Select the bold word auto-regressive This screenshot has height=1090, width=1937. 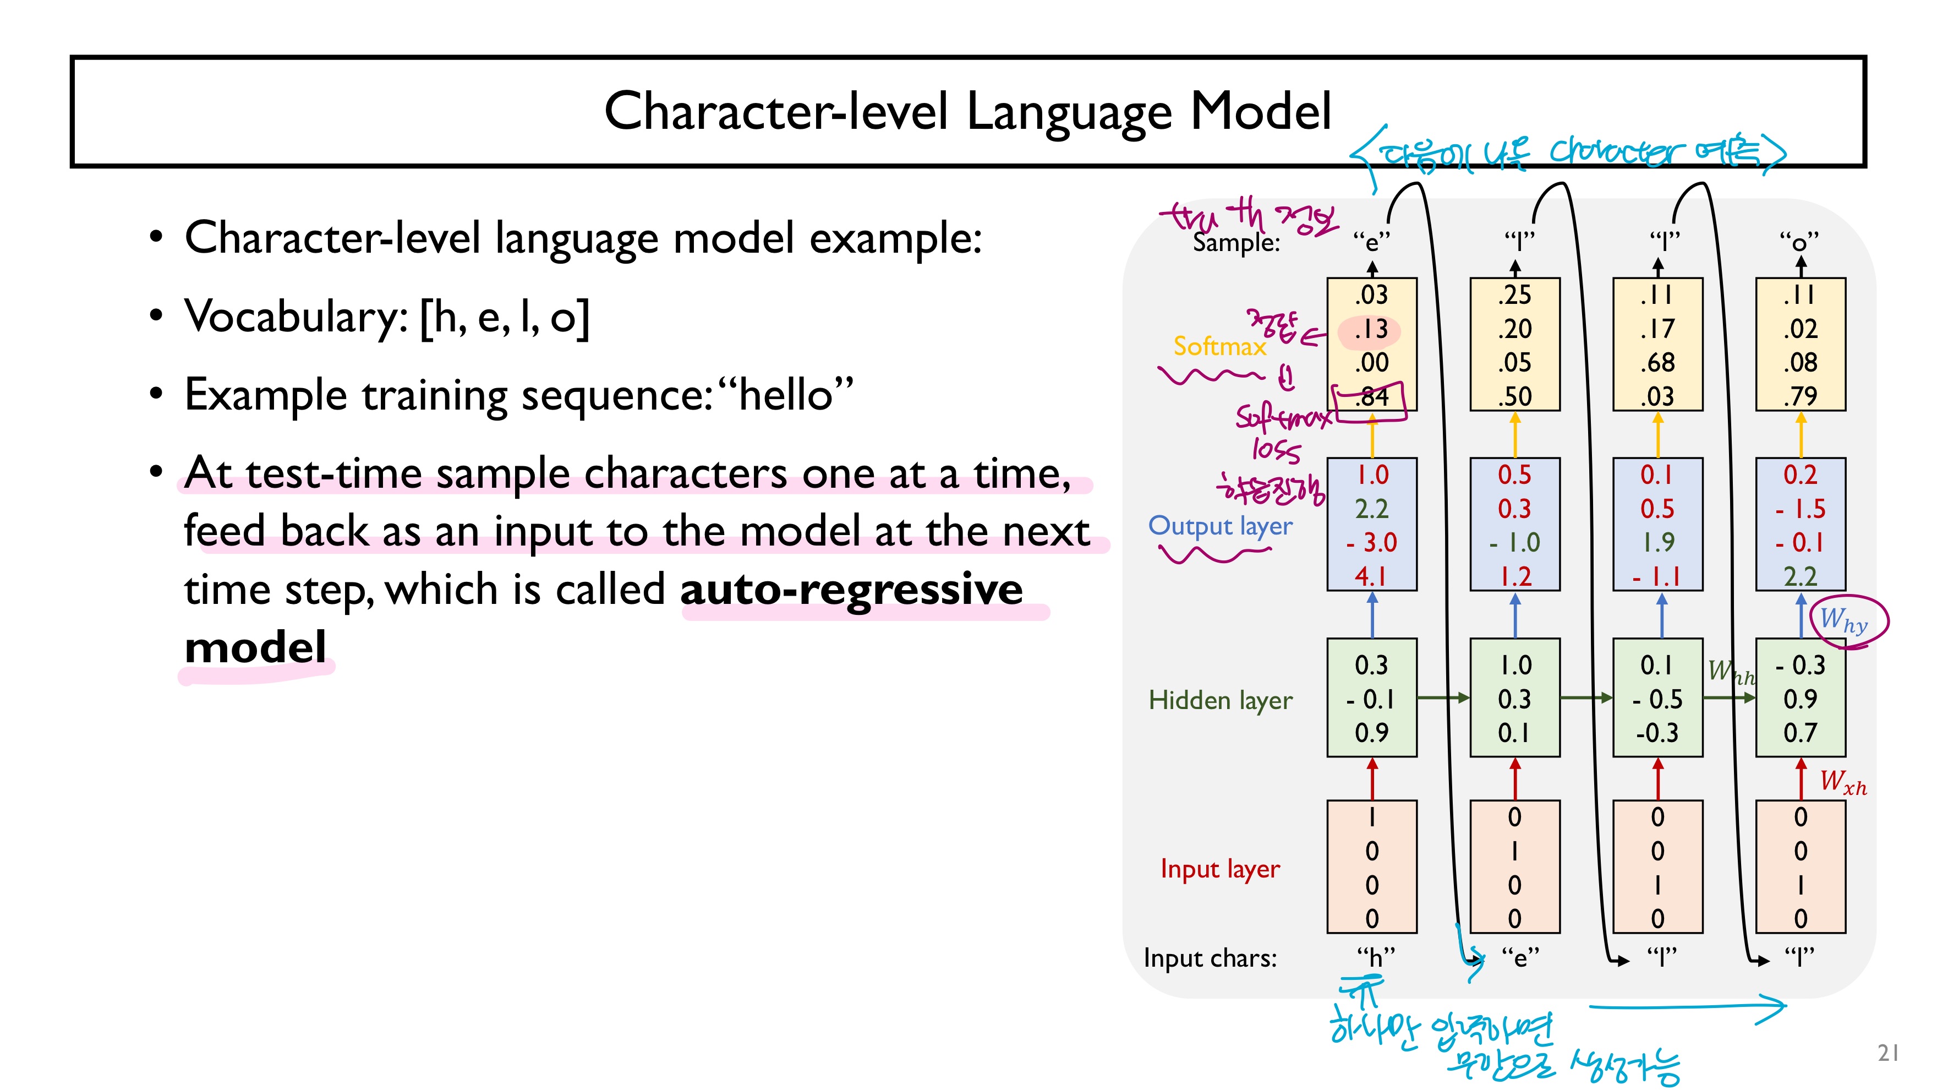coord(851,589)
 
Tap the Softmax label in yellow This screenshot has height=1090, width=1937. coord(1219,346)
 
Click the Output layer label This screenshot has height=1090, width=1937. coord(1219,526)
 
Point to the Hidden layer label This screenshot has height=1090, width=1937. coord(1219,700)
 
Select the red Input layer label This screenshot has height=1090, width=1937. coord(1219,869)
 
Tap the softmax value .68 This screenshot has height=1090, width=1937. coord(1657,363)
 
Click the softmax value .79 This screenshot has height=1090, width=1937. coord(1800,396)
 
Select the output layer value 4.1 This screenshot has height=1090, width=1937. coord(1371,576)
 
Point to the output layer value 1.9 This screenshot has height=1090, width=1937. coord(1658,542)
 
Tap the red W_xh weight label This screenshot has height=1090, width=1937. coord(1843,782)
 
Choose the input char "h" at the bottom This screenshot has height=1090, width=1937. coord(1375,958)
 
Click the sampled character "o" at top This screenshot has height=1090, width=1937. coord(1799,242)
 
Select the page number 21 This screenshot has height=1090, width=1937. coord(1888,1053)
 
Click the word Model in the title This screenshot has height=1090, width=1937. coord(1261,111)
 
